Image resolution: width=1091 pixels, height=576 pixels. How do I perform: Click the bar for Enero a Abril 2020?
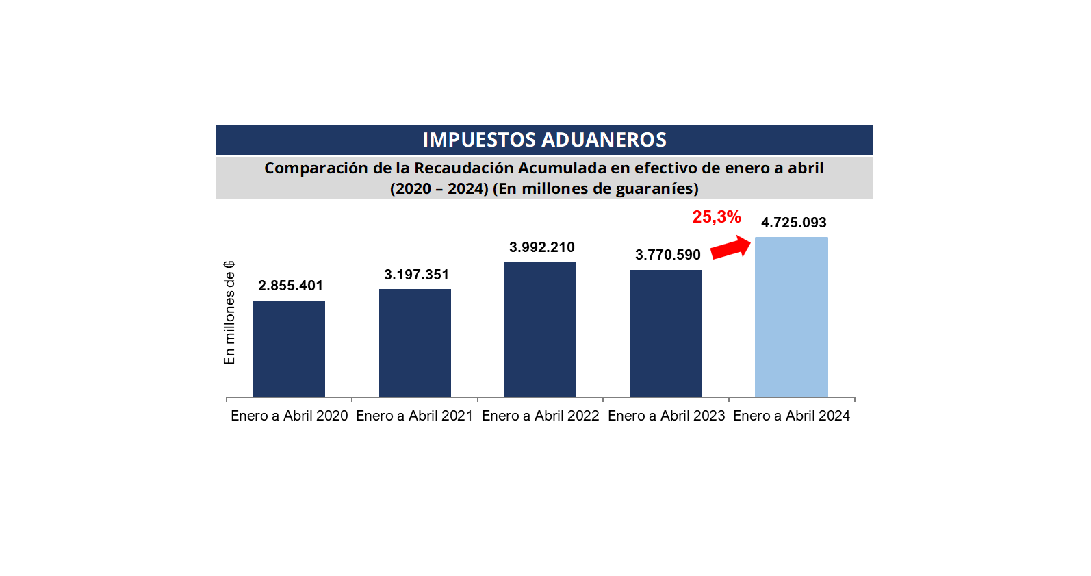(289, 349)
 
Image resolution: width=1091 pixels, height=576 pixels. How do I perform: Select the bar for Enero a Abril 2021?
(415, 342)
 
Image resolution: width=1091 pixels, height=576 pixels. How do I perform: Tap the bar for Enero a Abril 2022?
(540, 329)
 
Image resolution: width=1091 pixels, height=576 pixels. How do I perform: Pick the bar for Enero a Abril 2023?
(666, 333)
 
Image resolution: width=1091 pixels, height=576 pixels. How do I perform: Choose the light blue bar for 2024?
(791, 316)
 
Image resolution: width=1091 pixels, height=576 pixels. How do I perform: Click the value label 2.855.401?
(290, 286)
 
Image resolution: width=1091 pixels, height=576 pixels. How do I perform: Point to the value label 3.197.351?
(416, 275)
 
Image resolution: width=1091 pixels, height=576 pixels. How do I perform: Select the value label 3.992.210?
(541, 247)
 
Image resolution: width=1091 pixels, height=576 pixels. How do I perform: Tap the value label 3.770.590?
(667, 255)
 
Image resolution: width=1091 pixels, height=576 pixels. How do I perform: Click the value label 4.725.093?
(793, 223)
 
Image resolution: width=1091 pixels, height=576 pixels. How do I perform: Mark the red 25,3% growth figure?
(716, 217)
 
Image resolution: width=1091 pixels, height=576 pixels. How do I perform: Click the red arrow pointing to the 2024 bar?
(731, 247)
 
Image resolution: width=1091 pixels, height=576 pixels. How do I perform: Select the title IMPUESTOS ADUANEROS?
(544, 140)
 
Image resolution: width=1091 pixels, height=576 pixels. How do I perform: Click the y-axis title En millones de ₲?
(229, 312)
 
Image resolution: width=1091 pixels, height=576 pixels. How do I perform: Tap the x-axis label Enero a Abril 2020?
(289, 416)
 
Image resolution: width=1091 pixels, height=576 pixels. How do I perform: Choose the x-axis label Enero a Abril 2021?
(414, 416)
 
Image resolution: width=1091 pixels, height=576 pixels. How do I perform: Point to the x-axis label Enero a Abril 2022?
(540, 416)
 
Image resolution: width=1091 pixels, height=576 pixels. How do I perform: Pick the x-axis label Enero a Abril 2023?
(666, 416)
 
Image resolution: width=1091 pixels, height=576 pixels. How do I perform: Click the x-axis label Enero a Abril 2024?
(791, 416)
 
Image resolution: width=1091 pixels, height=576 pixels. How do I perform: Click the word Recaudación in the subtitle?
(463, 168)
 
